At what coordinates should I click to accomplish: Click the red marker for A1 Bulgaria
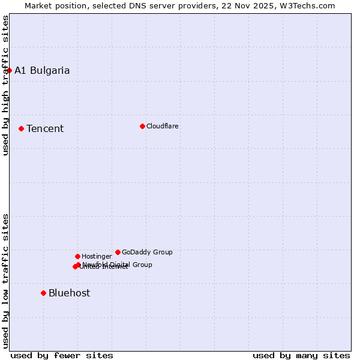pos(9,70)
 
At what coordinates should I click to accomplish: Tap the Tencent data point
pos(21,128)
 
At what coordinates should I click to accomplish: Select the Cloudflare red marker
pos(142,126)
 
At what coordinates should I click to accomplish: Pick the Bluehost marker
pos(43,293)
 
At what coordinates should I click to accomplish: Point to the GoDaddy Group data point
pos(118,252)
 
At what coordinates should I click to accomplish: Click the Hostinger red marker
pos(77,256)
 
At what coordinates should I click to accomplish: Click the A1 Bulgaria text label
pos(42,70)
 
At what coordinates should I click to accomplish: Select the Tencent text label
pos(45,128)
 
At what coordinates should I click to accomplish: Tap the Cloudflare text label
pos(163,126)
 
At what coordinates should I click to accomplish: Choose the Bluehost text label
pos(70,293)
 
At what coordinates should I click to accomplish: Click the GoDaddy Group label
pos(147,252)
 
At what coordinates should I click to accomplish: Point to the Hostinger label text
pos(97,256)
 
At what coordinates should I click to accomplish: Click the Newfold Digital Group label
pos(118,264)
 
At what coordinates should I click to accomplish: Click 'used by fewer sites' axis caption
pos(62,355)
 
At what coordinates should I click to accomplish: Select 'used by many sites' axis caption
pos(301,355)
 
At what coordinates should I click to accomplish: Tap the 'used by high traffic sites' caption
pos(5,86)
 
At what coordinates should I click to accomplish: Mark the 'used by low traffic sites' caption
pos(5,280)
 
